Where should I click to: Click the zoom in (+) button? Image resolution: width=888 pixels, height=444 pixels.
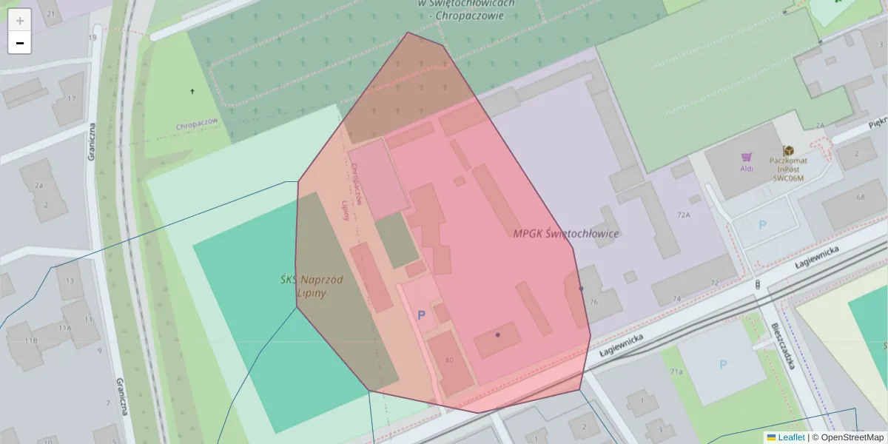coord(20,21)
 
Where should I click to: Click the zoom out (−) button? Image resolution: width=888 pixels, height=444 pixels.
coord(20,43)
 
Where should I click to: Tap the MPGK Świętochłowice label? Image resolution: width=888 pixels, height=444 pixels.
coord(566,233)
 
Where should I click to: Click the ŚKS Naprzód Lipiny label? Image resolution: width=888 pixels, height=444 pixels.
coord(311,286)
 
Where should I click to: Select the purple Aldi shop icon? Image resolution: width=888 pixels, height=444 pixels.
coord(747,158)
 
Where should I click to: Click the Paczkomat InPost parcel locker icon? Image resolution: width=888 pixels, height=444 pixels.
coord(788,151)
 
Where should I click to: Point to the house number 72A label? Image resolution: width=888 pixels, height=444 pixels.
coord(683,215)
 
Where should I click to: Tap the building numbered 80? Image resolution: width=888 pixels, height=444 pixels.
coord(449,360)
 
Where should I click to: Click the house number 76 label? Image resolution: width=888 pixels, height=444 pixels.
coord(593,301)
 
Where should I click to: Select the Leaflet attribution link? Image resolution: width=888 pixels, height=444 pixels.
coord(791,437)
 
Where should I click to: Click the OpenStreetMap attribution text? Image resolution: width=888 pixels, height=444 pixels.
coord(852,437)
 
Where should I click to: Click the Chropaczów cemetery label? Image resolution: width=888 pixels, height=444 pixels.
coord(197,125)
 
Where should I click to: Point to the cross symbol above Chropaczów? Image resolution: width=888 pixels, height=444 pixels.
coord(192,91)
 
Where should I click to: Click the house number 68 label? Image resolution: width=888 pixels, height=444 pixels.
coord(860,197)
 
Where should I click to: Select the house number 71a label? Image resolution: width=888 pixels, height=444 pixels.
coord(676,371)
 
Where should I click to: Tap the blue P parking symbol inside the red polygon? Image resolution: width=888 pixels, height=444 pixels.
coord(422,315)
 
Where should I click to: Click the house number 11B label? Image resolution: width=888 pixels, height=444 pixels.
coord(30,340)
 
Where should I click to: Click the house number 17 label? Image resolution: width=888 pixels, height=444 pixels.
coord(72,98)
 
